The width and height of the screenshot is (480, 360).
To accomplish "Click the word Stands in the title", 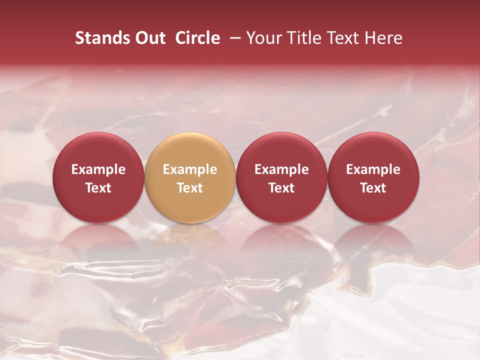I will click(102, 38).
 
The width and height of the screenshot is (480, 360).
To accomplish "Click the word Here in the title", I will click(383, 38).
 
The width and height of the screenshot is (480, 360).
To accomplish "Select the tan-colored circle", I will click(190, 177).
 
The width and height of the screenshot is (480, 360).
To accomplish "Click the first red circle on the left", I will click(98, 177).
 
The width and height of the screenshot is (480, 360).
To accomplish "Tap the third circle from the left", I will click(281, 177).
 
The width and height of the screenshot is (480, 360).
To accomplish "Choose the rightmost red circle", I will click(373, 177).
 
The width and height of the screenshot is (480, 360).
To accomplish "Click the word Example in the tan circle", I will click(190, 169).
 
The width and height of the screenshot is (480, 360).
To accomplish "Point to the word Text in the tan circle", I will click(190, 188).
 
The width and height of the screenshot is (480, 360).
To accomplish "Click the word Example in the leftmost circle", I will click(98, 169).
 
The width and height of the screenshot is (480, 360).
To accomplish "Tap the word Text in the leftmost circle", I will click(98, 188).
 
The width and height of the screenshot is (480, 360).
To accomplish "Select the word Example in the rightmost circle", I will click(373, 169).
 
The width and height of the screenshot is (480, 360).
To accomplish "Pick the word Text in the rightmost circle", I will click(373, 188).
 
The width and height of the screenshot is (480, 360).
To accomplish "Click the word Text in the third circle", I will click(281, 188).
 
